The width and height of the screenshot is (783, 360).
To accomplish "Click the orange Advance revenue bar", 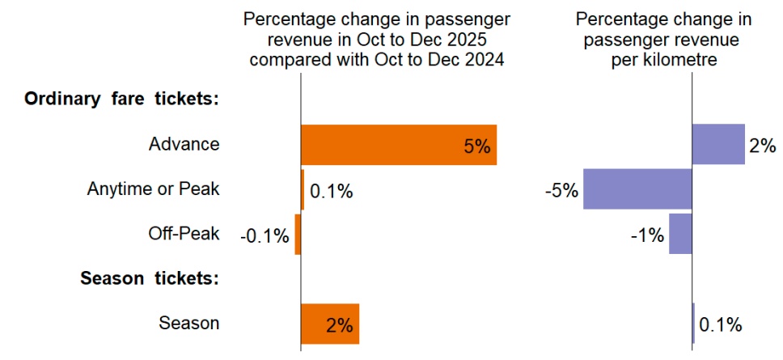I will pos(398,146).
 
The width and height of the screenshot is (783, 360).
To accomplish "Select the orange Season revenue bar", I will pos(329,324).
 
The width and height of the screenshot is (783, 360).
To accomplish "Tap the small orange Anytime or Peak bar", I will pos(303,190).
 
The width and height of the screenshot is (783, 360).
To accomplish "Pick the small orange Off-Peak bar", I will pos(298,235).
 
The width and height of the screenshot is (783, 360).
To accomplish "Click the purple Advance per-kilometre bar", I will pos(717,145).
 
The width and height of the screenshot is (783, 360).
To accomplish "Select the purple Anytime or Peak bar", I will pos(637,190).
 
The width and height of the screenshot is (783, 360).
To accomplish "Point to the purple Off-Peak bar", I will pos(680,235).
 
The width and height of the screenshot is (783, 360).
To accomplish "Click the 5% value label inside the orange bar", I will pos(477,146).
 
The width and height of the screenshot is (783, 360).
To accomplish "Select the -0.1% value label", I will pos(265,235).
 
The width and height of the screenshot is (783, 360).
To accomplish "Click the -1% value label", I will pos(647,235).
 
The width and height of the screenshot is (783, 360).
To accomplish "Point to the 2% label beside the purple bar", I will pos(762,146).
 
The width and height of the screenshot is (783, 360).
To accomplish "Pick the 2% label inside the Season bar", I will pos(340,325).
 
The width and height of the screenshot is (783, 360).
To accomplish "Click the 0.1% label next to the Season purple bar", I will pos(720,325).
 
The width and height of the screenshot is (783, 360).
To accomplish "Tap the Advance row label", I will pos(184,144).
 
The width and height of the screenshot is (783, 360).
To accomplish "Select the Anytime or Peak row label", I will pos(153,189).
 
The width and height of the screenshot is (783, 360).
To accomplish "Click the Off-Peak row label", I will pos(184,234).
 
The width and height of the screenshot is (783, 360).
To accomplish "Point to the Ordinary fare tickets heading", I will pos(123,99).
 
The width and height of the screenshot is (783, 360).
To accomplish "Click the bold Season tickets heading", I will pos(150,278).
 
